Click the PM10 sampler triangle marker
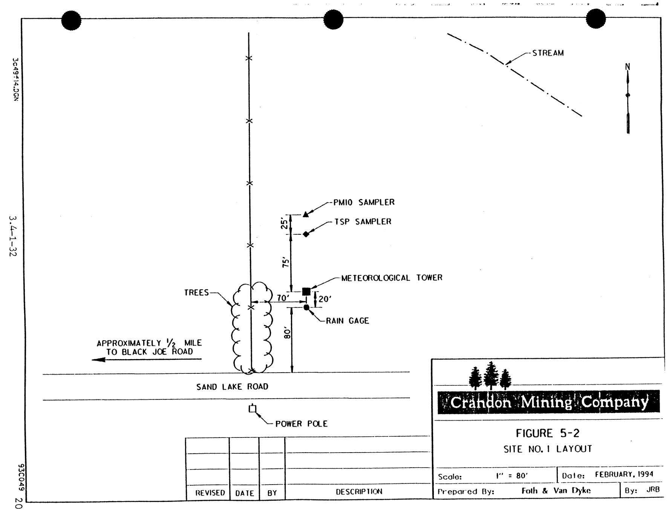point(306,214)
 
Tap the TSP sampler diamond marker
point(306,234)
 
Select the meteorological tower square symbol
point(306,291)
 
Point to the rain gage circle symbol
point(306,307)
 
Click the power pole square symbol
point(253,409)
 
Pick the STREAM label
point(548,53)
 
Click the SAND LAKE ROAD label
point(232,387)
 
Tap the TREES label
point(196,293)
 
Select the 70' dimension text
point(283,298)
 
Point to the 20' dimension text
point(325,299)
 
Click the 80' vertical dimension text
point(287,333)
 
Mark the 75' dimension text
point(286,262)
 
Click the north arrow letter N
point(628,67)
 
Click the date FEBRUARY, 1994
point(624,474)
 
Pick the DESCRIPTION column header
point(359,491)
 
